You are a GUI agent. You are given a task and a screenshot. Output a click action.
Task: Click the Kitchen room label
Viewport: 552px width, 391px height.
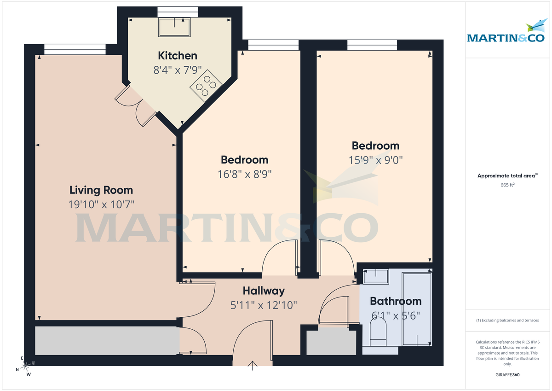[178, 56]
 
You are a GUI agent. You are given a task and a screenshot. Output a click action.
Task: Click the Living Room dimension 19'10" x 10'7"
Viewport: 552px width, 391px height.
[101, 204]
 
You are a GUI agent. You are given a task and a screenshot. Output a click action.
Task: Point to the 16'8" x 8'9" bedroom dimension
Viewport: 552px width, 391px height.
[244, 174]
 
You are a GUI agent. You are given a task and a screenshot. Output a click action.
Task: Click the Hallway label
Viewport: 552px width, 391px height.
[264, 291]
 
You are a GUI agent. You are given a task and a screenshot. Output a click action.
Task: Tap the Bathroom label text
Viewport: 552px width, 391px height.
[396, 301]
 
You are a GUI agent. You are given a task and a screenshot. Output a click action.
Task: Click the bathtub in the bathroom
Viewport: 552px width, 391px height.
[417, 309]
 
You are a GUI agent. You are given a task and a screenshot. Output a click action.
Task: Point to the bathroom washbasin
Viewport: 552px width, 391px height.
[375, 276]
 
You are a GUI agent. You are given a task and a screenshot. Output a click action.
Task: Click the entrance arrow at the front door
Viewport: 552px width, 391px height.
[253, 366]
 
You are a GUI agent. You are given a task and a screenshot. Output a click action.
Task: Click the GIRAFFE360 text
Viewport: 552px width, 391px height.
[508, 375]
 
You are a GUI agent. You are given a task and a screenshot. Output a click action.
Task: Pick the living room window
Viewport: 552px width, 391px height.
[75, 48]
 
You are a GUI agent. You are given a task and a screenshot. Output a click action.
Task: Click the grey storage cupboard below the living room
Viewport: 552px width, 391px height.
[107, 341]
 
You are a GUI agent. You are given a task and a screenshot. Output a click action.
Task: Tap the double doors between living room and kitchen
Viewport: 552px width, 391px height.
[136, 105]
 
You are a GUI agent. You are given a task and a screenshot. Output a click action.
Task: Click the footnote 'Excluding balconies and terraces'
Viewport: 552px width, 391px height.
[507, 320]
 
